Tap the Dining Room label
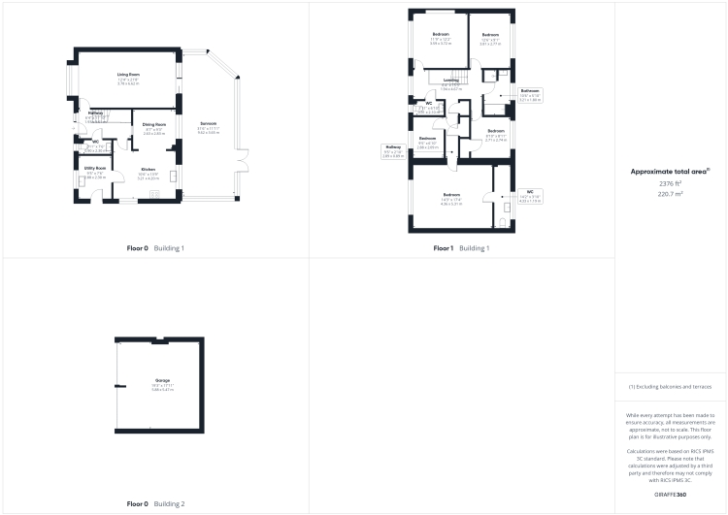point(154,125)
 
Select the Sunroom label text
point(208,124)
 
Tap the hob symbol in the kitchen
point(172,176)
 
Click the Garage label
point(162,381)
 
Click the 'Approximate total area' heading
point(670,171)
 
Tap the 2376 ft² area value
point(670,182)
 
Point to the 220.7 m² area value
point(670,194)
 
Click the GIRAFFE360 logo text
point(670,495)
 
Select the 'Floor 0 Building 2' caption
point(155,504)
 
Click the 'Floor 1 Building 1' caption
point(461,248)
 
